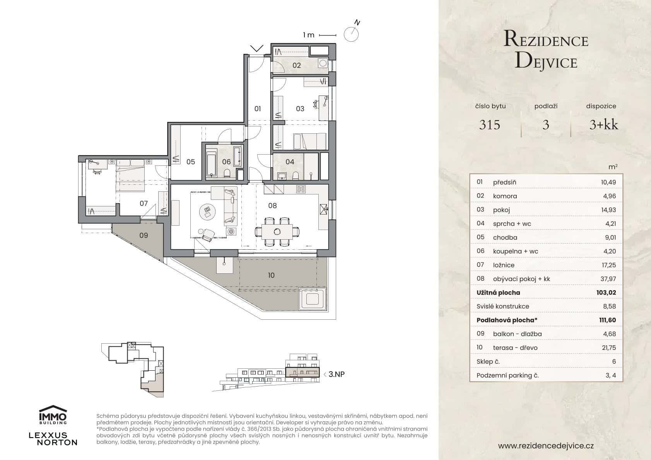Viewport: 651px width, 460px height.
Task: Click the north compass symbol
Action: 351,34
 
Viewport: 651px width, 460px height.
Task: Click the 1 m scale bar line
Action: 327,35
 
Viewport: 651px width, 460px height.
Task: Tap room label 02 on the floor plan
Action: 297,65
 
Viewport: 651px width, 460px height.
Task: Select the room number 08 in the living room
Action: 272,206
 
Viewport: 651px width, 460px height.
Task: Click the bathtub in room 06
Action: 211,164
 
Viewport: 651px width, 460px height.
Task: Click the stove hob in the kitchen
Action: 301,189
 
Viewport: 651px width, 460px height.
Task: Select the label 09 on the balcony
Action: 144,235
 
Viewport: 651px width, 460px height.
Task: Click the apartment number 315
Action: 490,125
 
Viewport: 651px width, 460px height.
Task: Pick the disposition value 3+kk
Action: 603,125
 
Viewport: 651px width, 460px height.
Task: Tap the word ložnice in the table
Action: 504,265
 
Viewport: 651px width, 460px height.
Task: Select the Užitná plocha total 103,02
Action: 606,293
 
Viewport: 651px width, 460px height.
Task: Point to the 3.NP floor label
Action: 336,374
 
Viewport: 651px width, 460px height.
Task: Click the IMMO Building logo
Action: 53,415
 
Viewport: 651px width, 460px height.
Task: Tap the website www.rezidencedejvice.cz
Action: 546,446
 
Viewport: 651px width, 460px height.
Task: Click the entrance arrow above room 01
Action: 257,48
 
